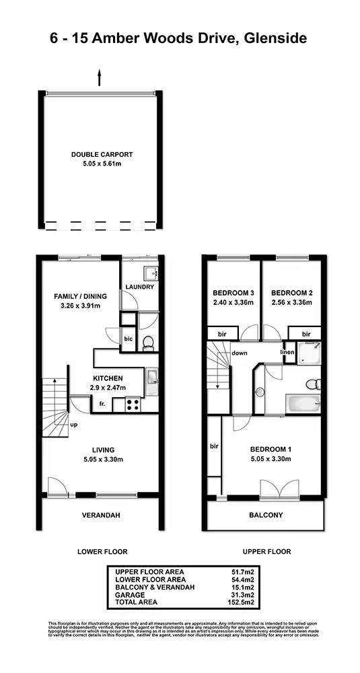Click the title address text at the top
coord(179,38)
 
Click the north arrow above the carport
coord(100,77)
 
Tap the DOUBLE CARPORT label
coord(102,154)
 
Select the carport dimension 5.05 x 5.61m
coord(102,163)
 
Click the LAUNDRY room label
coord(140,287)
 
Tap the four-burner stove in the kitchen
coord(133,405)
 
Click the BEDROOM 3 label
coord(233,293)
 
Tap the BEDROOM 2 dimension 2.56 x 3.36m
coord(292,303)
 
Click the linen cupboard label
coord(287,352)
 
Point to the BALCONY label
coord(266,516)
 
